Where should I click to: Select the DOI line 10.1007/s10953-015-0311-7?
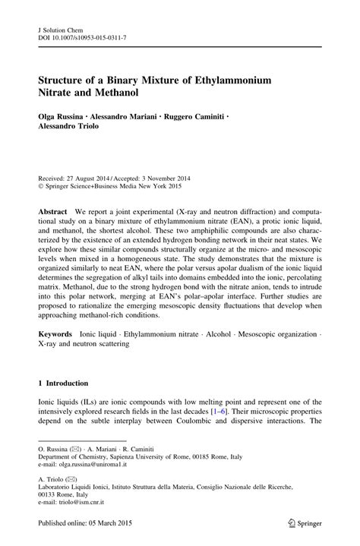coord(88,36)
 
